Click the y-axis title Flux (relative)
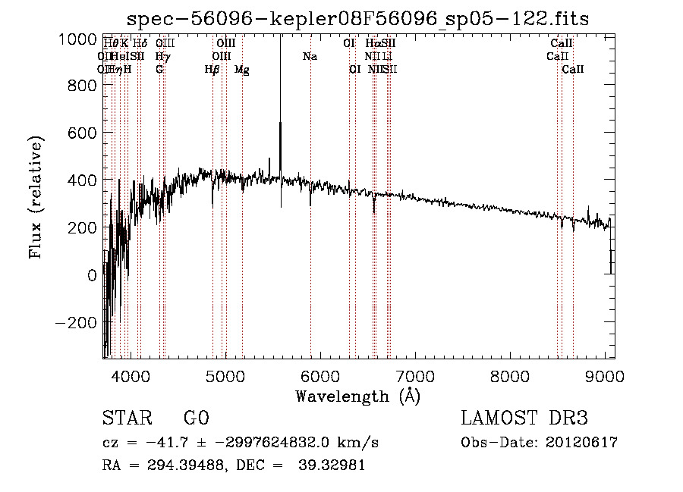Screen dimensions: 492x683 click(36, 198)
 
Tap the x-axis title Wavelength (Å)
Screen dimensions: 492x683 click(357, 396)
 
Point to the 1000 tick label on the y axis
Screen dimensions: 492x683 click(77, 39)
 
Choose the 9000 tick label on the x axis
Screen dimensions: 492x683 click(606, 375)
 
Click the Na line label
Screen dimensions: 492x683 click(310, 57)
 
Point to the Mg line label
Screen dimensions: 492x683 click(242, 70)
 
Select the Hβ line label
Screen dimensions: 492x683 click(212, 70)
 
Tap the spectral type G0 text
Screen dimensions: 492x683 click(197, 418)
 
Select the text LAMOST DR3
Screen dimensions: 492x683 click(524, 418)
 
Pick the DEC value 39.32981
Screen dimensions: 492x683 click(333, 465)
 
